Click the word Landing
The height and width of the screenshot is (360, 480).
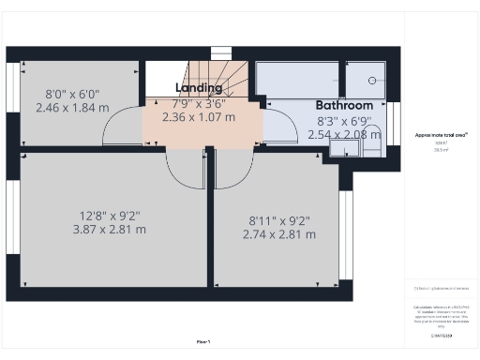(x=199, y=88)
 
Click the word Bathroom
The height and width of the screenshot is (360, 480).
(x=343, y=106)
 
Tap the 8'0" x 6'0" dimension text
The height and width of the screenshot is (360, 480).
(x=72, y=94)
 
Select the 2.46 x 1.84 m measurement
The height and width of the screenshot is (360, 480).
(x=72, y=108)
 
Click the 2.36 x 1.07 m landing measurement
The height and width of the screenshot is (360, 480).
(x=199, y=118)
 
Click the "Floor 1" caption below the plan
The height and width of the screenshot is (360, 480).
(x=203, y=341)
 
